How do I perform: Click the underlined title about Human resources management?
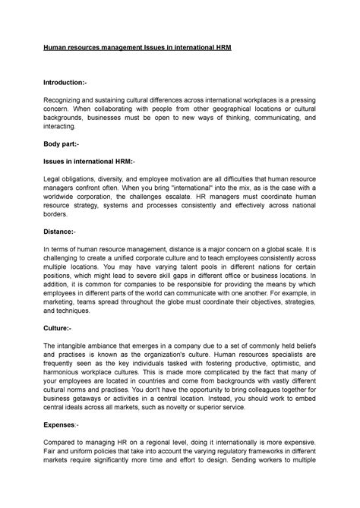coord(147,48)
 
